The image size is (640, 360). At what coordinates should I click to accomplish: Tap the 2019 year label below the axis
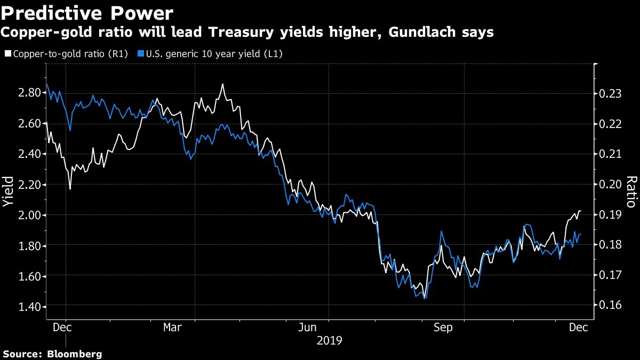tap(329, 340)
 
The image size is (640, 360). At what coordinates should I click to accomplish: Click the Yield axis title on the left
tap(9, 193)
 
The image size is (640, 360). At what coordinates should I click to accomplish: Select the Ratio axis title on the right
tap(631, 191)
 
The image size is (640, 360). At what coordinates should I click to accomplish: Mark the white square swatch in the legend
tap(7, 54)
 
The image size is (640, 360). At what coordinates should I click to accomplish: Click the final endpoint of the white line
tap(580, 212)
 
